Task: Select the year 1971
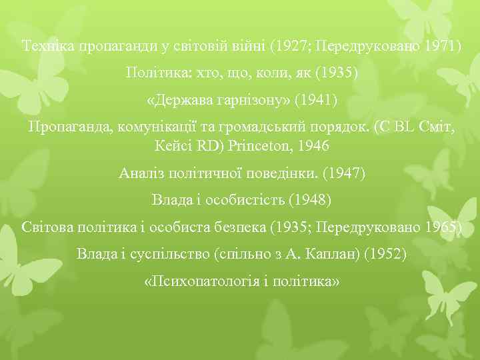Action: point(439,47)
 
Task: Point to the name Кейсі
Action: point(173,145)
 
